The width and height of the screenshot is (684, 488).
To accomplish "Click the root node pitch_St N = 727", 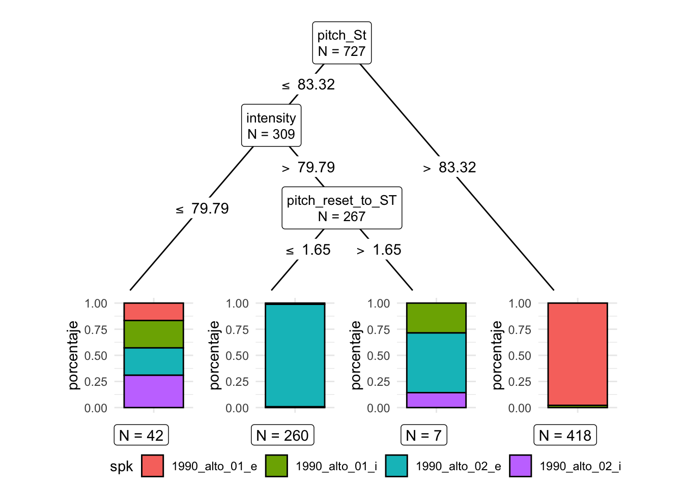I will click(x=341, y=43).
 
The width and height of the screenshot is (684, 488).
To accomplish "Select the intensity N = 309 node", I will click(x=271, y=126).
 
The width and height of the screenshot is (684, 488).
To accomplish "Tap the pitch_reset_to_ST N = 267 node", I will click(x=341, y=208).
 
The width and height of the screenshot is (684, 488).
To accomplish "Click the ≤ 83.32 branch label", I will click(x=309, y=84).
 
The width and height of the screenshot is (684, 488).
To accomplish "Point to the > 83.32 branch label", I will click(x=450, y=167).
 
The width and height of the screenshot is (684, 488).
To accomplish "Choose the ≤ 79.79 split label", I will click(x=203, y=208).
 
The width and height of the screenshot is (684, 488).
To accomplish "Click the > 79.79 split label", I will click(x=309, y=167).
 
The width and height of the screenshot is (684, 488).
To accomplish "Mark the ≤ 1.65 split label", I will click(x=308, y=250).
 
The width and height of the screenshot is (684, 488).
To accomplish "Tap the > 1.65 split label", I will click(x=379, y=250).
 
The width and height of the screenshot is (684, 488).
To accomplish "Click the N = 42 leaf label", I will click(x=141, y=435).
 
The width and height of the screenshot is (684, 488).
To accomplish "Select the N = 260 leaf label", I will click(x=282, y=435).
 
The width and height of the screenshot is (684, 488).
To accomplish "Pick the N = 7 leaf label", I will click(x=423, y=435).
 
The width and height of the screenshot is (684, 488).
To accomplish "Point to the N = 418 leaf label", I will click(x=565, y=435).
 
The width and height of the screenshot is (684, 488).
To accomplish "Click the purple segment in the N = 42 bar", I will click(x=154, y=391).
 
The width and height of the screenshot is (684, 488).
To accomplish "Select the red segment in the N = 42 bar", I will click(x=154, y=312).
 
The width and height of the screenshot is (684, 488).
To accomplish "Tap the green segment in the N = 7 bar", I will click(x=436, y=318).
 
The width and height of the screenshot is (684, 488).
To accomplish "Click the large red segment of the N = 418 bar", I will click(x=578, y=353).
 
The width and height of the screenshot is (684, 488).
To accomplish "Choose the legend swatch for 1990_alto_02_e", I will click(x=396, y=466).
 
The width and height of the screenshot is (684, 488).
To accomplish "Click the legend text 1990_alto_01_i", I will click(x=336, y=466).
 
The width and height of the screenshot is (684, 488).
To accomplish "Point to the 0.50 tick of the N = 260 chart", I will click(x=237, y=356).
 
